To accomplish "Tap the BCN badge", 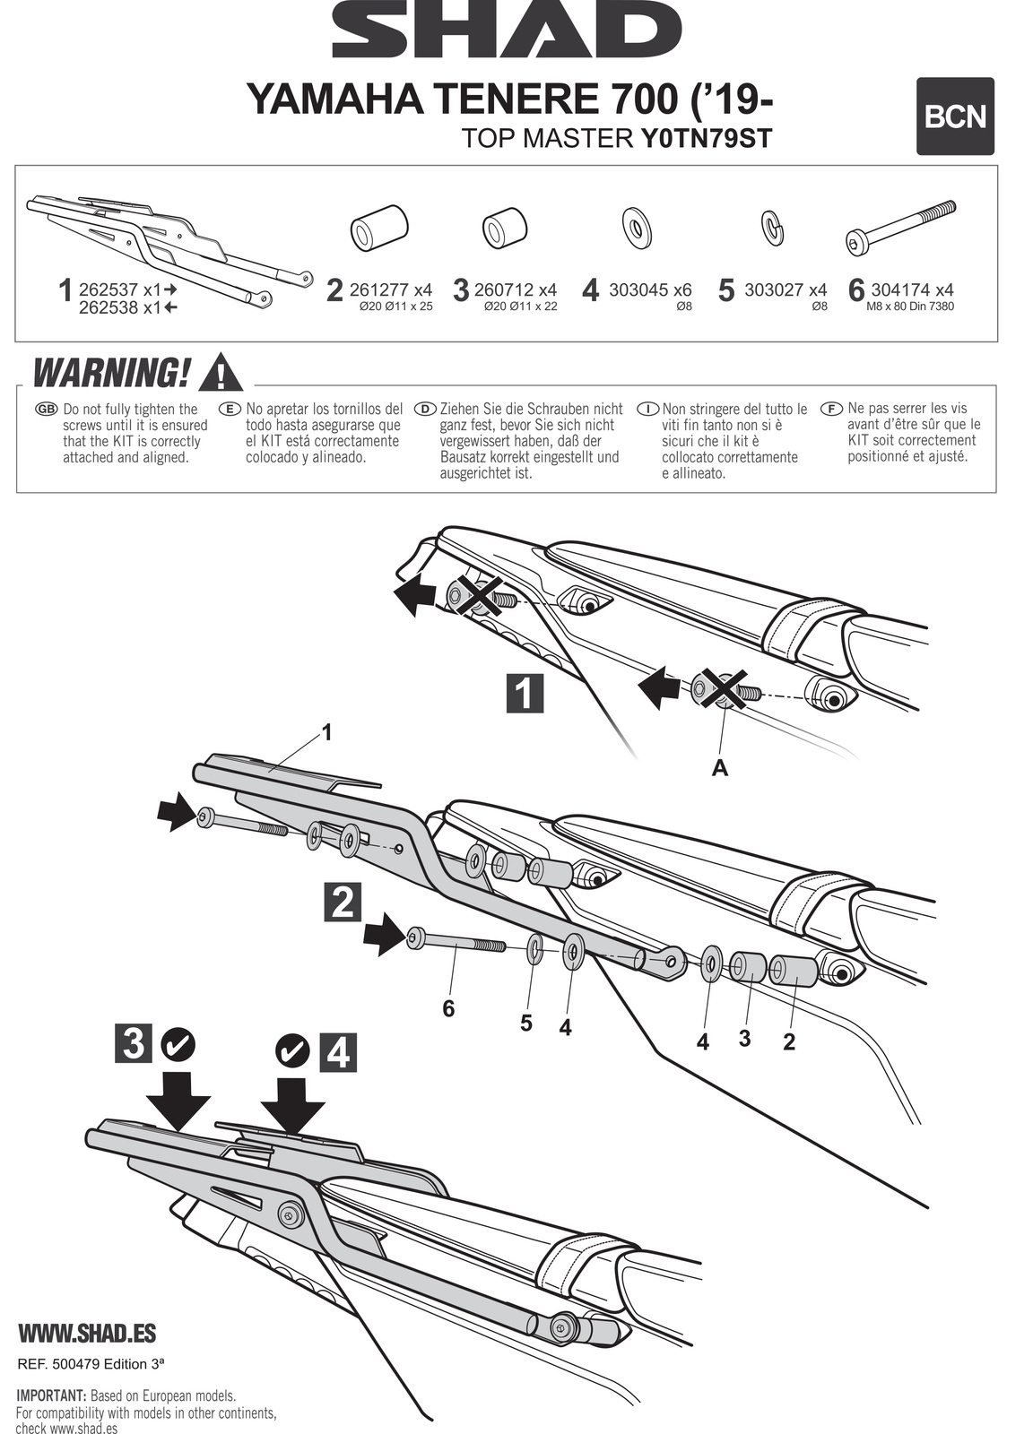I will click(955, 117).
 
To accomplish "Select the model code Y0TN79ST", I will click(706, 139).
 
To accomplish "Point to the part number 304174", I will click(899, 289).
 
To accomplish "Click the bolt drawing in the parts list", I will click(901, 228).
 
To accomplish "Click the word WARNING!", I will click(110, 373).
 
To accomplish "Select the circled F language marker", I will click(832, 409).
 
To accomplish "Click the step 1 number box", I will click(525, 693).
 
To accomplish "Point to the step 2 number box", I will click(342, 903).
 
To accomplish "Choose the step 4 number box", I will click(338, 1053).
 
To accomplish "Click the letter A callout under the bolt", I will click(719, 768).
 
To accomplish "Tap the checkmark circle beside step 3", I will click(178, 1043).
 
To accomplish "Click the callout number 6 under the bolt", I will click(448, 1009).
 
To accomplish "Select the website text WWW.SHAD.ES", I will click(87, 1333).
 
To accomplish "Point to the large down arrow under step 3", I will click(179, 1097).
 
